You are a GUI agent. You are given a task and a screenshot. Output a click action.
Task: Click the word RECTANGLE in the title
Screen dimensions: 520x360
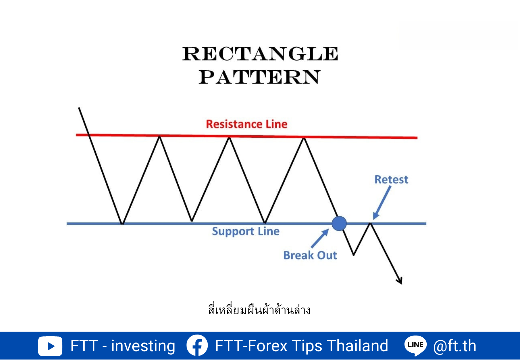coord(260,53)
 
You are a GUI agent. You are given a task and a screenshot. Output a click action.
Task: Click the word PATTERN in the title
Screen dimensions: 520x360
coord(259,77)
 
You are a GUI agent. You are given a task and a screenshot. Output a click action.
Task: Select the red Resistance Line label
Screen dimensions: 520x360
coord(246,124)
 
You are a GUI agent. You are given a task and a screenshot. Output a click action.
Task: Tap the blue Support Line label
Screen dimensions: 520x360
coord(245,231)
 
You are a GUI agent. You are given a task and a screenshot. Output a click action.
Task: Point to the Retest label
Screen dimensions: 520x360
coord(391,179)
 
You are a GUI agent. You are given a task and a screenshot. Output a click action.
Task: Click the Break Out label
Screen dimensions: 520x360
coord(310,255)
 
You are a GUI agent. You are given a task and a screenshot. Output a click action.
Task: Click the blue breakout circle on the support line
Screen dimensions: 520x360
coord(339,224)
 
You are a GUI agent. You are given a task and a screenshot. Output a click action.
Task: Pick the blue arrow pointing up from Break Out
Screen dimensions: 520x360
coord(320,238)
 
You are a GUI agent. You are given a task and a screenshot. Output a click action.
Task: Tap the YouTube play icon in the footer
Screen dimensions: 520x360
coord(50,346)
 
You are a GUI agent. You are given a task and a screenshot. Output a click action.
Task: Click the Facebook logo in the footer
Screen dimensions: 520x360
coord(197,346)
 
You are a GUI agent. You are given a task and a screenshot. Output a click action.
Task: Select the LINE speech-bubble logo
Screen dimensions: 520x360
coord(415,345)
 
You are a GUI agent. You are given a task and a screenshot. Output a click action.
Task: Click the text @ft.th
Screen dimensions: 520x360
coord(454,346)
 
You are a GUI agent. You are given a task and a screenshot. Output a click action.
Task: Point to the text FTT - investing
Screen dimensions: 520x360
coord(123,346)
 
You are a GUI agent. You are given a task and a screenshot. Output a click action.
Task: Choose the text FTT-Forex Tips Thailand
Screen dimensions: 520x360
coord(302,346)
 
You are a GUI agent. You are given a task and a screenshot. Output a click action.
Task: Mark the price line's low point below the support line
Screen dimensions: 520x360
coord(353,255)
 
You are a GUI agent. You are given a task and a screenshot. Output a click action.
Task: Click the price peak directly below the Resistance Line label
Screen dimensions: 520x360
coord(229,138)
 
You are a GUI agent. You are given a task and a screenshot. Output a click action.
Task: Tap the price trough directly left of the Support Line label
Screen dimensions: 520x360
coord(192,221)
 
